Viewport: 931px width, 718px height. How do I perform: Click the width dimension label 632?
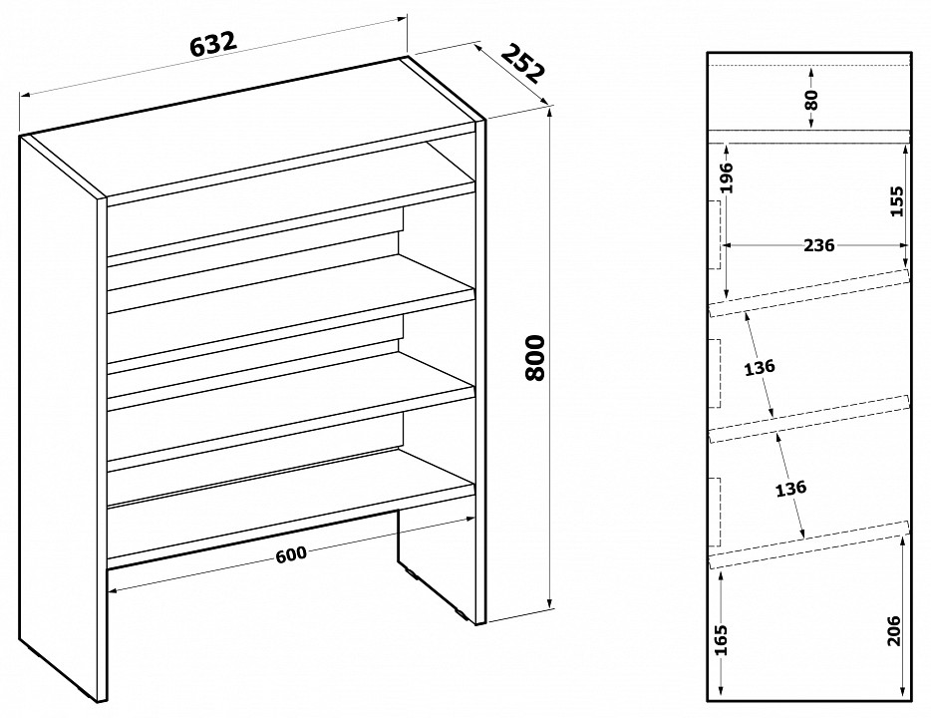click(213, 43)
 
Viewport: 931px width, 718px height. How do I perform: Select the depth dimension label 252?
click(523, 63)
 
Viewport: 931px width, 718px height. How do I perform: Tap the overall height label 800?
click(535, 358)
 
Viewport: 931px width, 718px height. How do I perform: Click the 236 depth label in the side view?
click(818, 244)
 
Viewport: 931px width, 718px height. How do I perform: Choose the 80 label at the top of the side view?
click(812, 99)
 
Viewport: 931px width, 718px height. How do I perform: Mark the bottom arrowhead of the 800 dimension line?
click(550, 608)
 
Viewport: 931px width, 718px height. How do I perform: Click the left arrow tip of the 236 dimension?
click(722, 244)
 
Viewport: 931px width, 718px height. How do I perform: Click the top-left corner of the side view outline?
click(708, 52)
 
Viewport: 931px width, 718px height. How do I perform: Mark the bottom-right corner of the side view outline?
click(910, 701)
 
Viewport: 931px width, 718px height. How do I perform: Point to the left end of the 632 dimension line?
click(20, 95)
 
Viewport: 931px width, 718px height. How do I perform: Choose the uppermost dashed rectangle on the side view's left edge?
click(715, 234)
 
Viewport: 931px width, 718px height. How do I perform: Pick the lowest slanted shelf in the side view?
click(808, 544)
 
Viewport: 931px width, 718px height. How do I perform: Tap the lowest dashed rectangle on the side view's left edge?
click(715, 512)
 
